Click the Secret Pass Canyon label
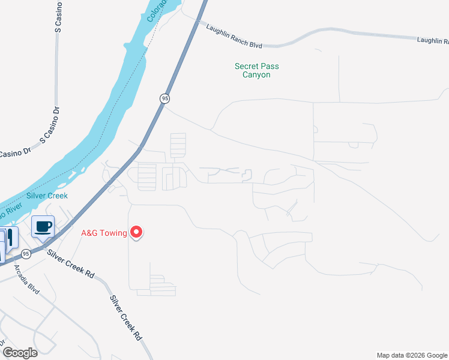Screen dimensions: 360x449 (256, 71)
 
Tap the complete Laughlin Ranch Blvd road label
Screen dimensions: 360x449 (235, 35)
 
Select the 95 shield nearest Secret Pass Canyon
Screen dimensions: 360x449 (165, 98)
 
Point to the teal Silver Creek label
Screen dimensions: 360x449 (47, 196)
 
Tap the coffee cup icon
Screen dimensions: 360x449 (43, 227)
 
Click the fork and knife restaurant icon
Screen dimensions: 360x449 (10, 237)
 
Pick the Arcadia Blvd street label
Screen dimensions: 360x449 (26, 280)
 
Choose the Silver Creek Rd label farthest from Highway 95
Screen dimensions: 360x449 (126, 318)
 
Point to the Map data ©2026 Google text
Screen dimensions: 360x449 (412, 355)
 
